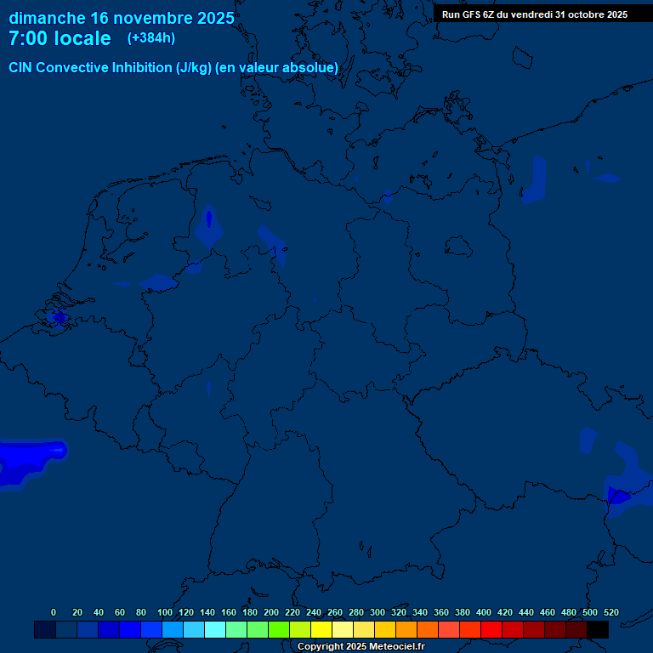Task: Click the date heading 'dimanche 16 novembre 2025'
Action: click(x=122, y=18)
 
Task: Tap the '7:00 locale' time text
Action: click(x=60, y=38)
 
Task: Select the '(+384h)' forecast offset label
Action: click(x=151, y=38)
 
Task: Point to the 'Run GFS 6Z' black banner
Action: click(x=535, y=14)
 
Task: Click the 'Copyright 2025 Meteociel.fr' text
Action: click(x=361, y=647)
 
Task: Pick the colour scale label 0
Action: click(x=54, y=612)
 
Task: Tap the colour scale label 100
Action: click(x=165, y=612)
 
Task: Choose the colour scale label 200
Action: click(x=271, y=612)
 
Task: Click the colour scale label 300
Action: click(x=378, y=612)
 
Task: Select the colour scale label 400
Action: click(x=484, y=612)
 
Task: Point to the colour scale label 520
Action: click(x=610, y=612)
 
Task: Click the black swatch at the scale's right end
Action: click(x=597, y=629)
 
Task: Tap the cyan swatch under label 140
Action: click(x=214, y=629)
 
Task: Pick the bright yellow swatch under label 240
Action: click(x=321, y=629)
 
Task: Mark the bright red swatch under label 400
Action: click(x=491, y=629)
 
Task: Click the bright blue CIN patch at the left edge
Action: click(x=26, y=462)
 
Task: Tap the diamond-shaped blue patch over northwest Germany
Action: click(x=208, y=226)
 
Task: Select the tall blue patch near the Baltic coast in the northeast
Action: click(x=535, y=179)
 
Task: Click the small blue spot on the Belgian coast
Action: click(x=59, y=317)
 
